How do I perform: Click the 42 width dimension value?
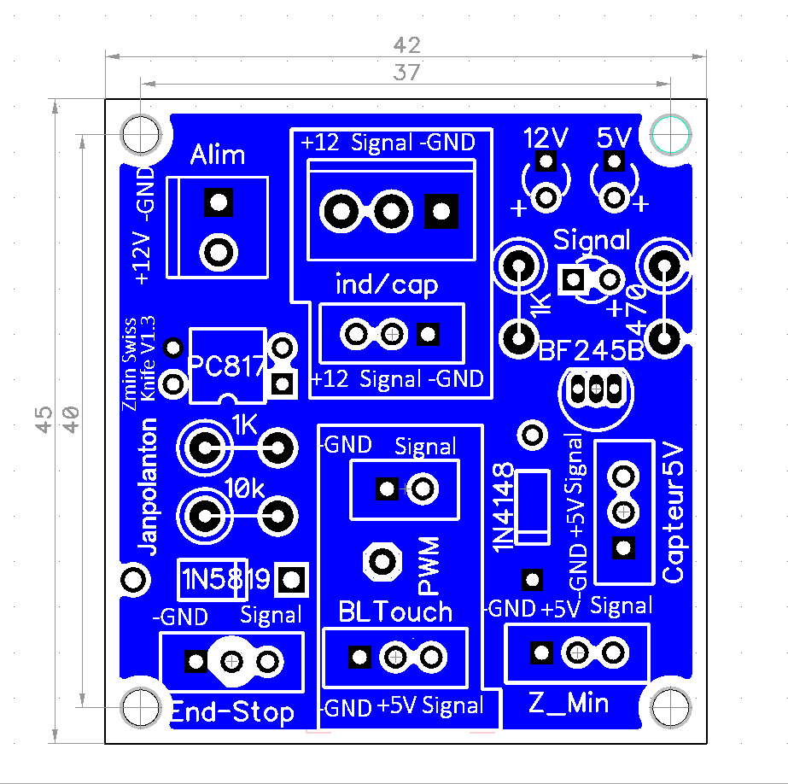(406, 44)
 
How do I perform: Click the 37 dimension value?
(406, 73)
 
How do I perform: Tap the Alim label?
(218, 155)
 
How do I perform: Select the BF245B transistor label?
(592, 351)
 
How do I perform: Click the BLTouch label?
(395, 611)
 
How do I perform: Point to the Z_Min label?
(569, 703)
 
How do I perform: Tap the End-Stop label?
(232, 712)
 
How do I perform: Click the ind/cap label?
(387, 284)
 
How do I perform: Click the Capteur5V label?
(674, 512)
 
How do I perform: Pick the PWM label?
(429, 565)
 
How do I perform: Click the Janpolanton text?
(149, 487)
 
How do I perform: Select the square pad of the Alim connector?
(219, 202)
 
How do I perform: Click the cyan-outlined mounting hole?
(670, 133)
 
